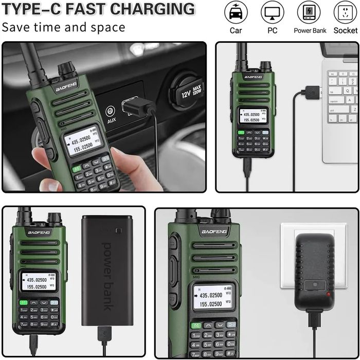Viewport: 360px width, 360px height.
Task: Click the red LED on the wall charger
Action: coord(328,294)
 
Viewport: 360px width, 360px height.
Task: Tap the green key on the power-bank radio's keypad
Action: coord(24,302)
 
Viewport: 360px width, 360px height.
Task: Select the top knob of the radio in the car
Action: coord(66,68)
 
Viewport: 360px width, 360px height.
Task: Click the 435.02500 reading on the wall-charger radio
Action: coord(211,295)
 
